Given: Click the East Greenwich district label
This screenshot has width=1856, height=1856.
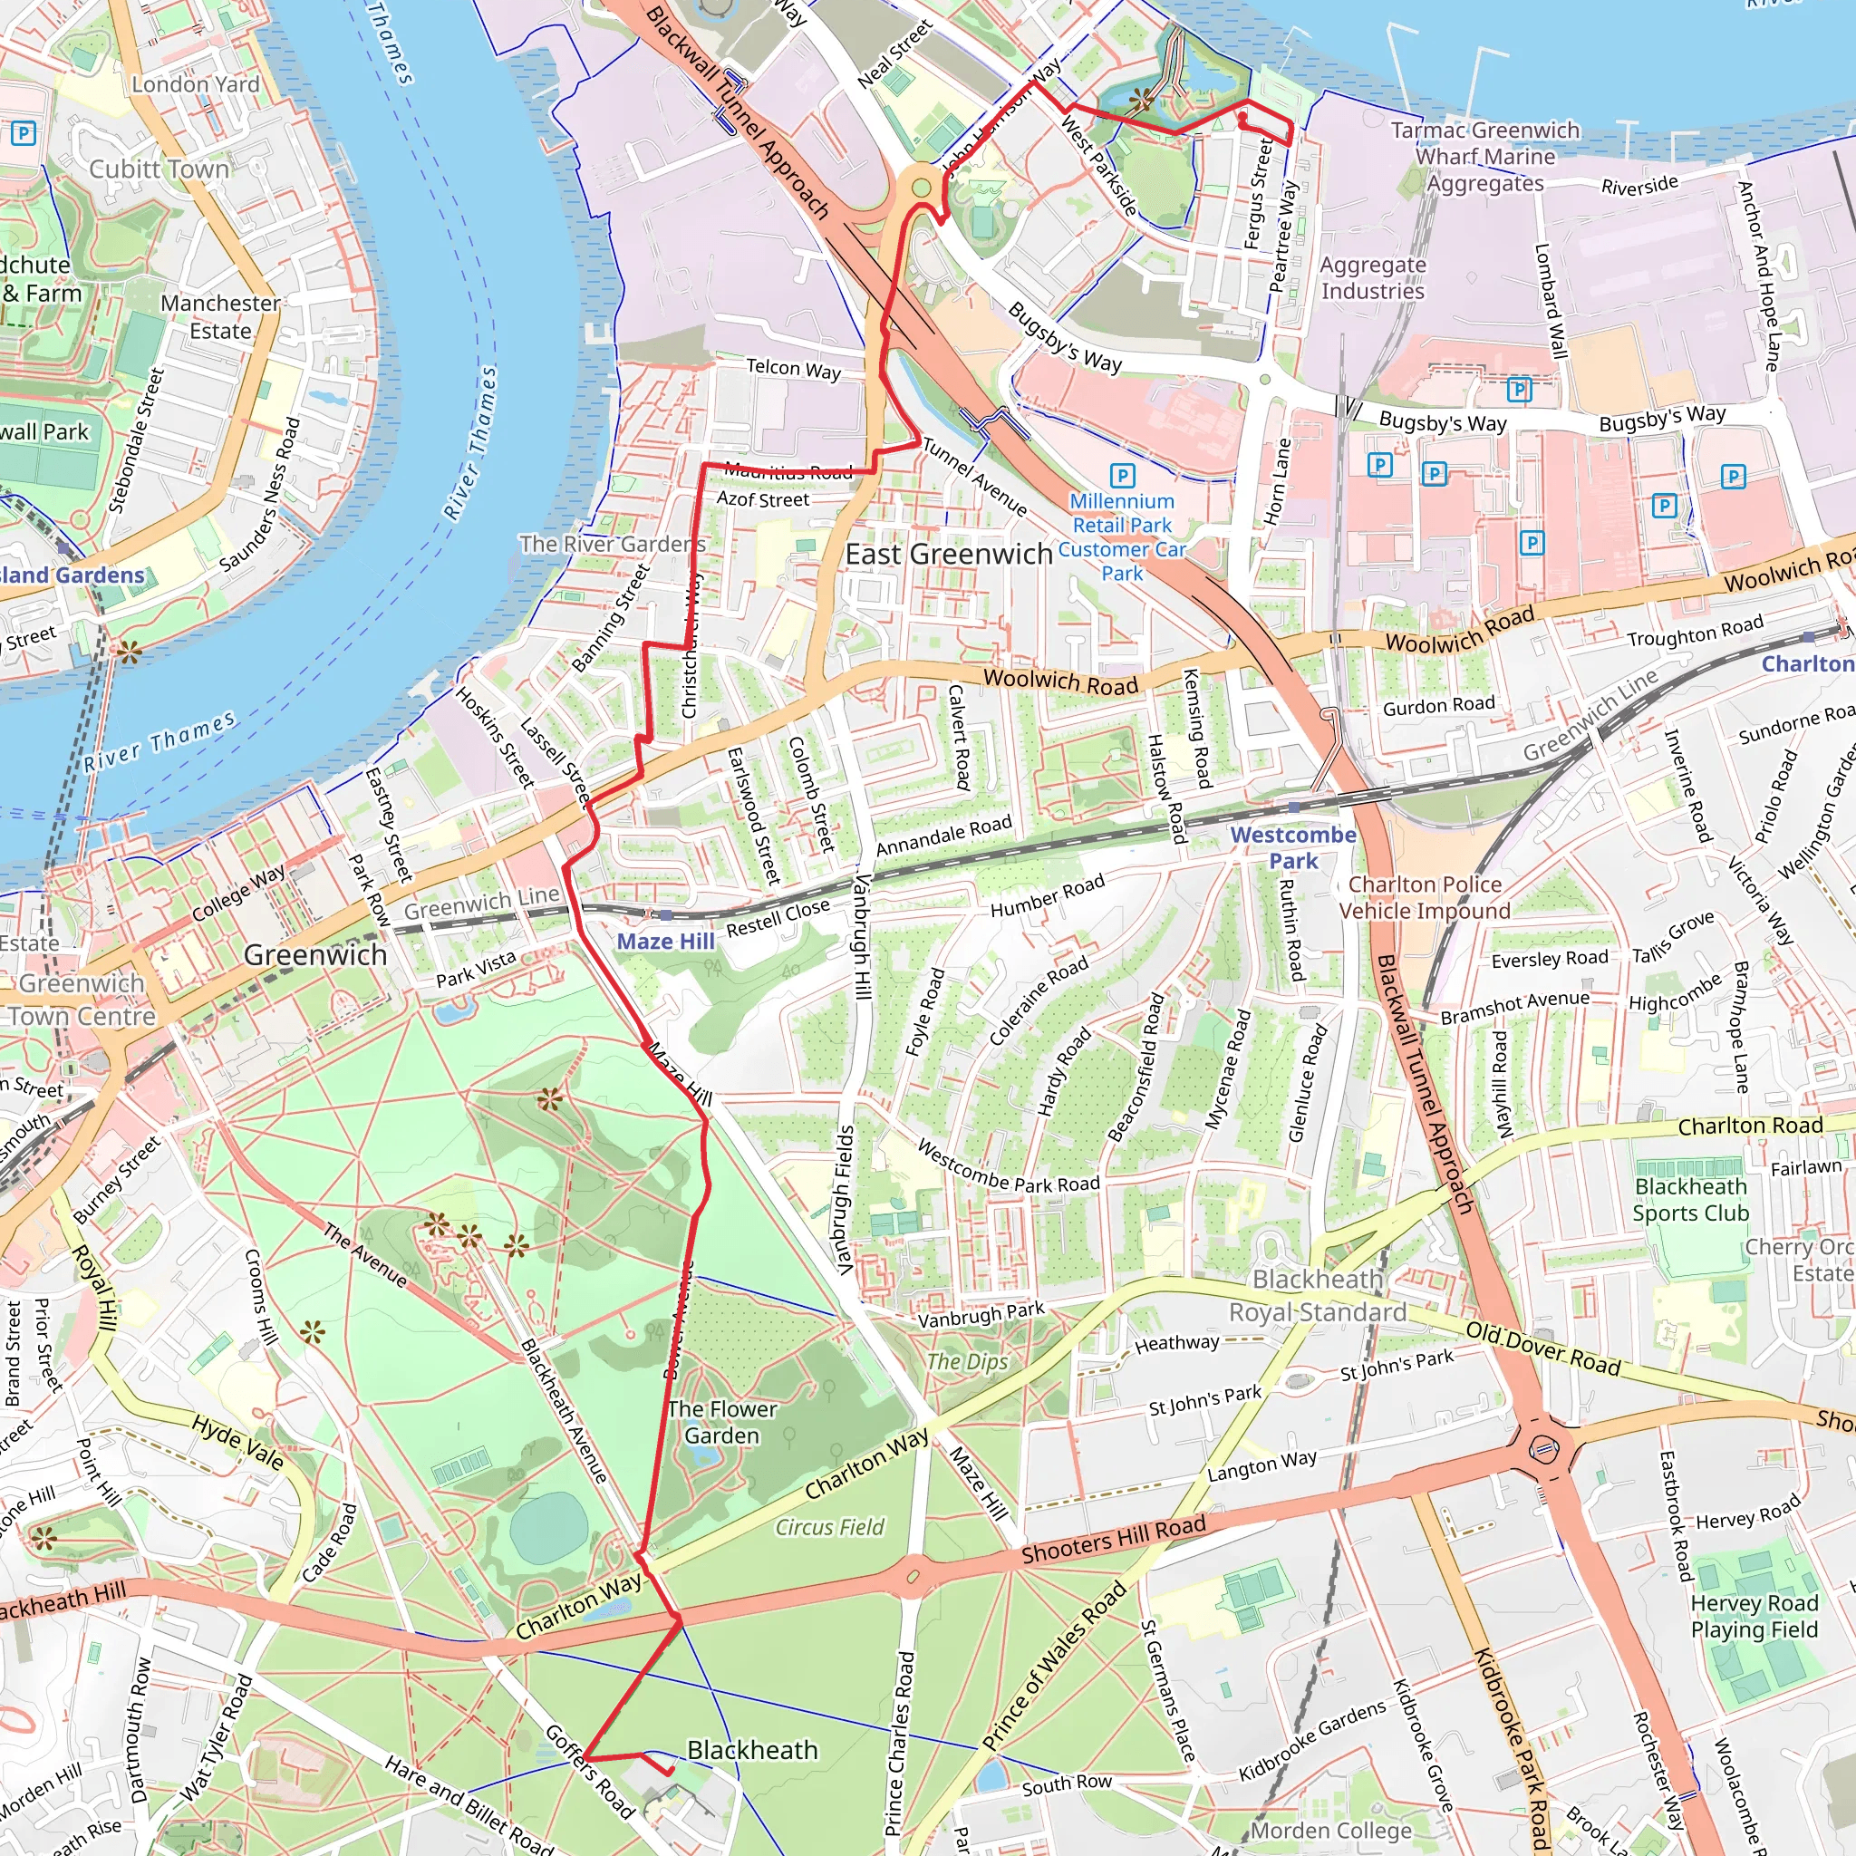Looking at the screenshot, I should (948, 555).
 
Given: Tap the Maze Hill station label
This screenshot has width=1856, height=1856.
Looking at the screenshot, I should (665, 942).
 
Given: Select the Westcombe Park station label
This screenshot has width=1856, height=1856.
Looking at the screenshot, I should (1293, 847).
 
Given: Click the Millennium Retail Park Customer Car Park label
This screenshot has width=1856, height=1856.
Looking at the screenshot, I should (1122, 537).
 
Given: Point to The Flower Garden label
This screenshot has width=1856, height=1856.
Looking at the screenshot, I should (721, 1422).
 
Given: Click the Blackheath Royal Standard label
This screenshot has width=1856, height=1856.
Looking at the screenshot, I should (1317, 1296).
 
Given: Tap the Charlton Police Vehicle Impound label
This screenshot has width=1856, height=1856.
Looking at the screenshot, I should (1424, 897).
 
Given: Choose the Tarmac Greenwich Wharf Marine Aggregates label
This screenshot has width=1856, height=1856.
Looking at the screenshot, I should (1484, 157).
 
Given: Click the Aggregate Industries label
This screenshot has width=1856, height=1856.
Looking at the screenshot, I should (1372, 277).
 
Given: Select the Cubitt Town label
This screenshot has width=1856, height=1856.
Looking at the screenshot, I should (159, 169).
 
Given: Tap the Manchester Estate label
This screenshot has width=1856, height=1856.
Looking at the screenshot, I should (220, 317).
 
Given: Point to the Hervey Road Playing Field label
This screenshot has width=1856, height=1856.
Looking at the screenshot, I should (1754, 1616).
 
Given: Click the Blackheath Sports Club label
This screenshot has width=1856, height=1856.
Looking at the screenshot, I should (1690, 1199).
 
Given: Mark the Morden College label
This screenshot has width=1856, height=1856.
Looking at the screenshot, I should (1330, 1830).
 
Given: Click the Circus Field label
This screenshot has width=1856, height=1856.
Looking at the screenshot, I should (829, 1526).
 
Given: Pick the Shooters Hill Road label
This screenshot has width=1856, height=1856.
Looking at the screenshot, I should (1113, 1540).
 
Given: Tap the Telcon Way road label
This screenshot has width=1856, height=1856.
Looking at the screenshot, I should (793, 369).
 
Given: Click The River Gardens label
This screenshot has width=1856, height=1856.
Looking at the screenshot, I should (612, 544).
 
